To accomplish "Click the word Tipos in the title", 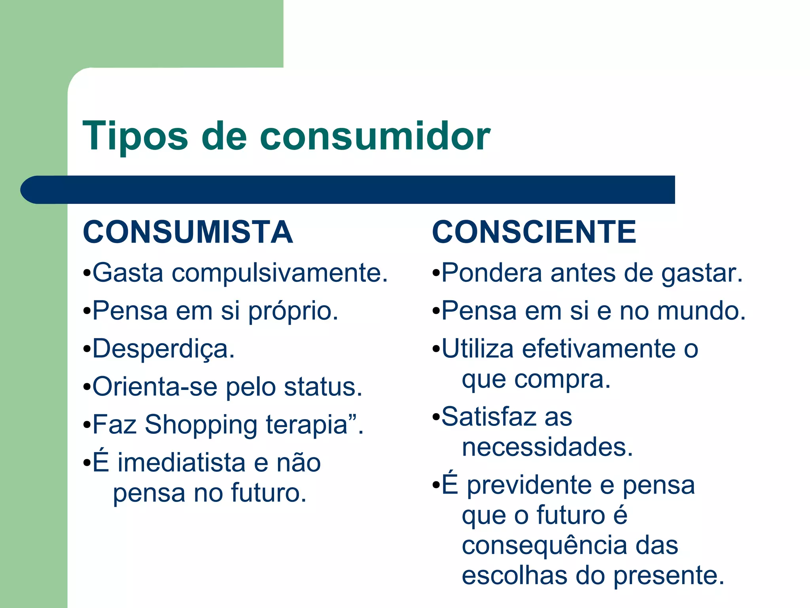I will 135,137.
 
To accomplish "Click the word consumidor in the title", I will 375,137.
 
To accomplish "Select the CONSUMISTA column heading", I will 188,232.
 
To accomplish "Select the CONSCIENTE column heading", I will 534,232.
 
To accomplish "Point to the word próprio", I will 293,312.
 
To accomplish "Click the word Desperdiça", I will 163,350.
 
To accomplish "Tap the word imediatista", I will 181,463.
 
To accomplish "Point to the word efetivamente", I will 599,349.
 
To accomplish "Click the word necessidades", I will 547,448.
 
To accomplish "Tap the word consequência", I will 544,545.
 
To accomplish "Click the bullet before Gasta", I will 87,274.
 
